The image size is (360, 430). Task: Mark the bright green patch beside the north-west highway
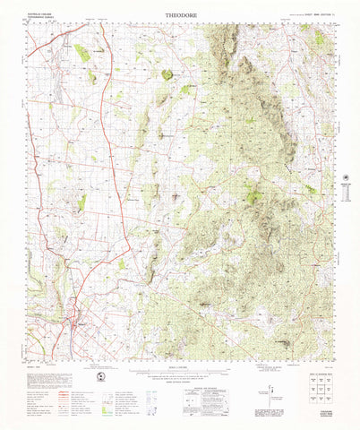[81, 54]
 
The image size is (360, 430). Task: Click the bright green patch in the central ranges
[253, 195]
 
